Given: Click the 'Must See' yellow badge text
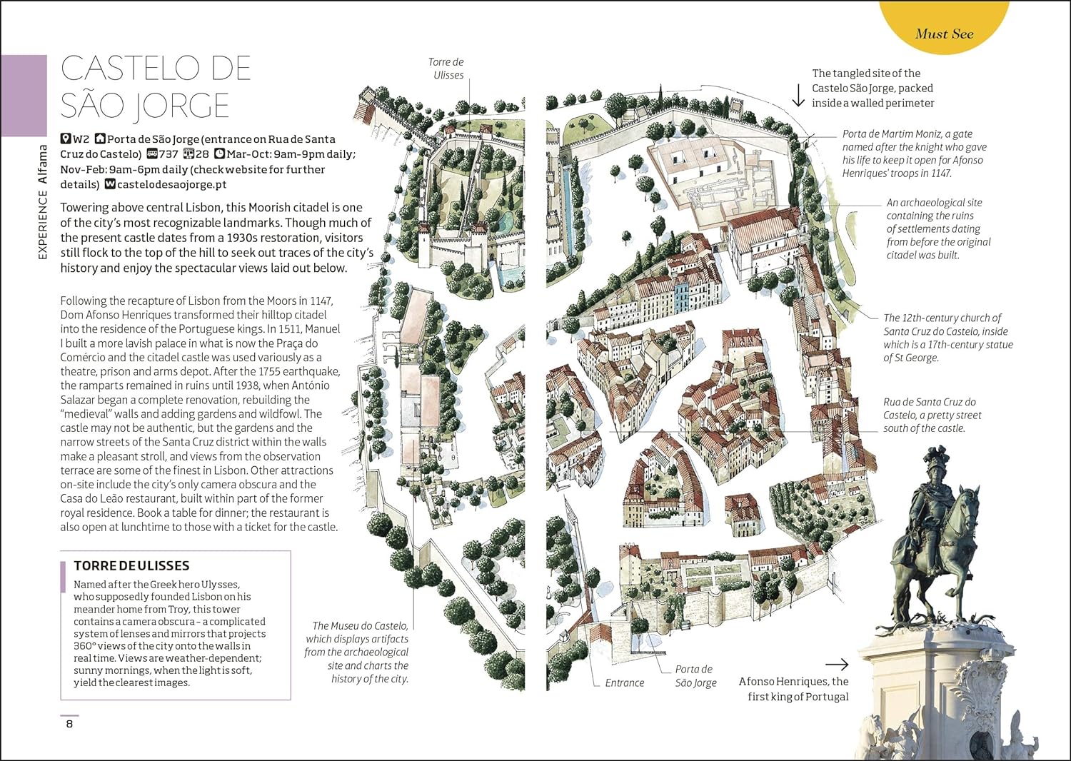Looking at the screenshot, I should [x=944, y=34].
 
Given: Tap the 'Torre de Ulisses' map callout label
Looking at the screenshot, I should [x=448, y=69].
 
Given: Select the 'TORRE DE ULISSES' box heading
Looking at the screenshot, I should [x=131, y=565].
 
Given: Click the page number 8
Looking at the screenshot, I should [x=69, y=724].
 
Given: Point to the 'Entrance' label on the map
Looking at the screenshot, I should [x=624, y=683].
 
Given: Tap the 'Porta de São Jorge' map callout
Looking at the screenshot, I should [x=695, y=676].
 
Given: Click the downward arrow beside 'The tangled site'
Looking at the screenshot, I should [x=798, y=94].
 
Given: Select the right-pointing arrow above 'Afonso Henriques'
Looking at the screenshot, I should [x=836, y=665].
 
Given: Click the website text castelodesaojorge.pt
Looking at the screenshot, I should [x=171, y=184].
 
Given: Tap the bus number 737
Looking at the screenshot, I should [x=169, y=154].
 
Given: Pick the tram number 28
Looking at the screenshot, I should [x=203, y=154].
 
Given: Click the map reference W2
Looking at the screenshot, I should [x=81, y=139].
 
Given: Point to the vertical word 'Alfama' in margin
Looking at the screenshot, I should [x=43, y=164].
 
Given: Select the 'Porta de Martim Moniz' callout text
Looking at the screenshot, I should [x=914, y=153].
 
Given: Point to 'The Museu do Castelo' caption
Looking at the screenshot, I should [x=357, y=652].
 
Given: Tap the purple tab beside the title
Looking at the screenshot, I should [x=24, y=95].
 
